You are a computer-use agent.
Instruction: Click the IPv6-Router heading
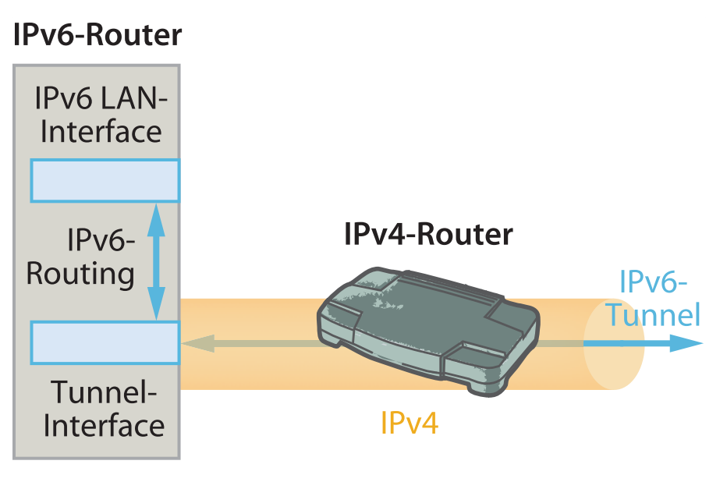98,35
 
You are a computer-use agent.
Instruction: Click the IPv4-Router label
428,234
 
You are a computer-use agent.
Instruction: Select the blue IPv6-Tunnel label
654,298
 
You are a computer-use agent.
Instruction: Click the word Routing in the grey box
80,274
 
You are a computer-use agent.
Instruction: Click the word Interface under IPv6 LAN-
101,131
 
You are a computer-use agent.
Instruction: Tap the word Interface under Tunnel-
104,426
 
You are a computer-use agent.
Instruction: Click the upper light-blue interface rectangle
105,181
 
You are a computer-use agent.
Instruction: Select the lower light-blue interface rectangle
105,342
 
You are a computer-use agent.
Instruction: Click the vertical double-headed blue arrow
157,261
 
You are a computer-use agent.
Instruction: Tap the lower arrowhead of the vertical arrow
157,305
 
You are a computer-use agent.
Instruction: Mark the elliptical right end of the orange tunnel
614,344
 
